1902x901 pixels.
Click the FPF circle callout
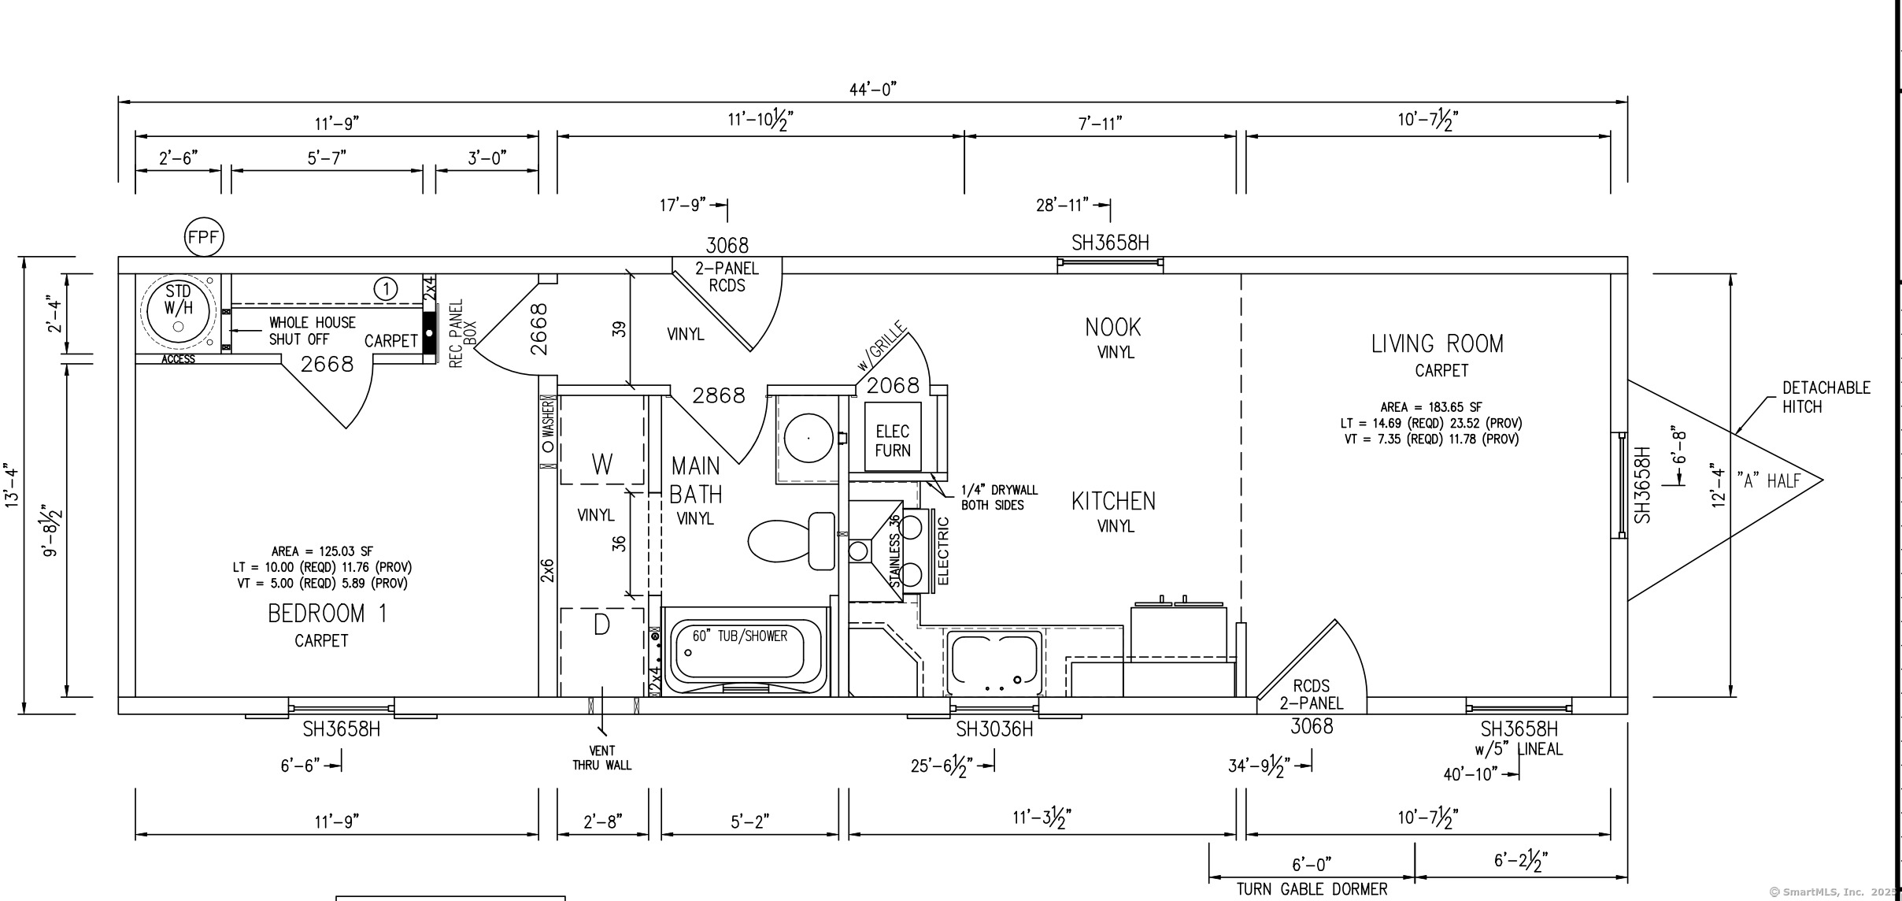coord(204,237)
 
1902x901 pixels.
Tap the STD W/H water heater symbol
coord(179,313)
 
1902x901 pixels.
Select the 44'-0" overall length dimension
coord(873,90)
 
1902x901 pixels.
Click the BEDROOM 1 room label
coord(327,614)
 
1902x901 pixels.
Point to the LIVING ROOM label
coord(1438,344)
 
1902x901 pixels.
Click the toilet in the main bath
coord(792,541)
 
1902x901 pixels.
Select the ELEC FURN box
coord(893,437)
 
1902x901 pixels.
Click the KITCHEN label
coord(1114,502)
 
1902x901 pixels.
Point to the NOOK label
coord(1113,327)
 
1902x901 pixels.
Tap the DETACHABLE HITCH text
coord(1825,397)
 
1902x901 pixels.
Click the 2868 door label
coord(719,395)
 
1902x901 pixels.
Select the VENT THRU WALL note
coord(602,758)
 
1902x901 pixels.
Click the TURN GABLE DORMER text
coord(1312,889)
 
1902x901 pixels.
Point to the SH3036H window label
coord(994,730)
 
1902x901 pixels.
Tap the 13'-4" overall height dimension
coord(13,486)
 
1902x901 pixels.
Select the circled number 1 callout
coord(386,289)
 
